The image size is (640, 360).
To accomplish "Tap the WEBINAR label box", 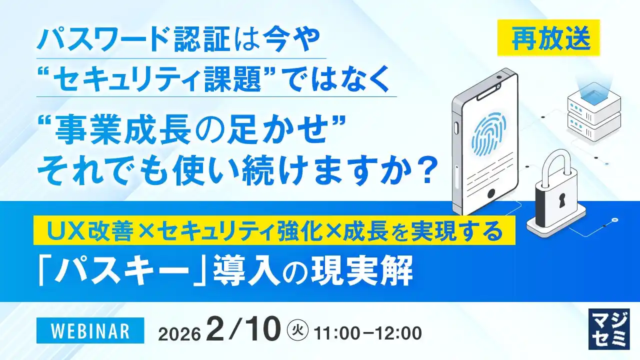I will [x=90, y=331].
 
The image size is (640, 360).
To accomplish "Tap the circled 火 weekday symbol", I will [x=298, y=330].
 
